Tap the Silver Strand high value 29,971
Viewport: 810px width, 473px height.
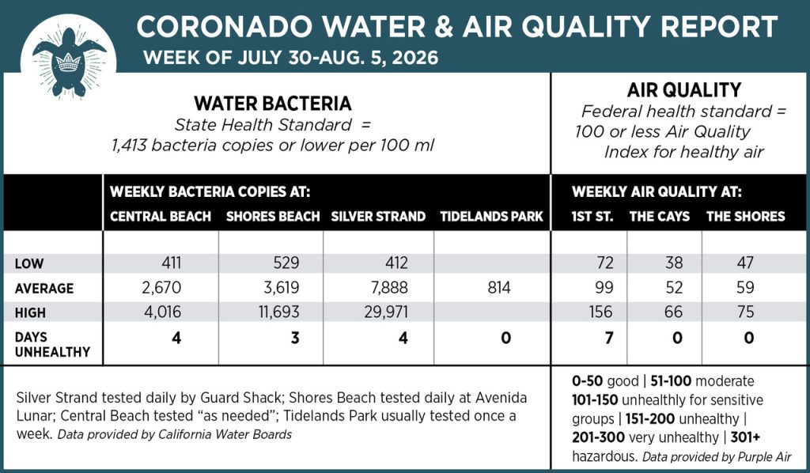[386, 312]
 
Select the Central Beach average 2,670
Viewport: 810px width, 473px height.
[161, 287]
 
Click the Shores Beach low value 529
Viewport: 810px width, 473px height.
[286, 263]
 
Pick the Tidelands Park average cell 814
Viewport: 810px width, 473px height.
[499, 287]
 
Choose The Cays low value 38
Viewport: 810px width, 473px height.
[674, 263]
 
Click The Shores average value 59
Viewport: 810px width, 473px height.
[745, 287]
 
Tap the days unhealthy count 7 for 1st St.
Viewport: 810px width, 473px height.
[609, 338]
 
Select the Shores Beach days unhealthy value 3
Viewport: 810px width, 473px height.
[295, 338]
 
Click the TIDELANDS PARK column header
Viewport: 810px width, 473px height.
[492, 217]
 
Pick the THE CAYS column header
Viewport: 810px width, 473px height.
[659, 217]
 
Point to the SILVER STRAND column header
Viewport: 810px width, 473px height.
[378, 217]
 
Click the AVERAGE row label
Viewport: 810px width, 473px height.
[44, 288]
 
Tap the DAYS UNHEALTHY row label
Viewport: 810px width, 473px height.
[53, 344]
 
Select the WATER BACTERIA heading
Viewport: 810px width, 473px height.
[273, 104]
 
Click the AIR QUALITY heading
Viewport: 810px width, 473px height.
[684, 90]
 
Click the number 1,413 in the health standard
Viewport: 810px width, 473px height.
[129, 145]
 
